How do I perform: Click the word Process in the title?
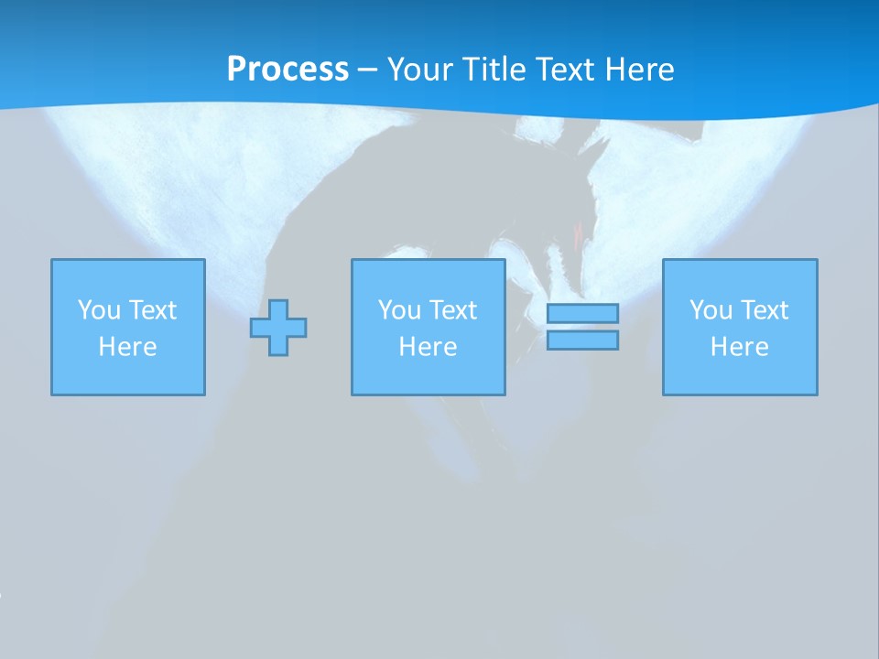point(288,70)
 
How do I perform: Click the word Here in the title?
point(642,70)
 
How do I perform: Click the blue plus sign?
point(278,327)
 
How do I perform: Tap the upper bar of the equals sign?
point(582,314)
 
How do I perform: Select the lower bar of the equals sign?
point(582,340)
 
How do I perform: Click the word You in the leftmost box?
point(99,310)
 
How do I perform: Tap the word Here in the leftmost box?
point(128,347)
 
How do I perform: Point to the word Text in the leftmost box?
point(152,310)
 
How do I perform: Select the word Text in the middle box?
point(452,310)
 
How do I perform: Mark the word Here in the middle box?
point(429,347)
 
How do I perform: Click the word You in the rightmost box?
point(711,310)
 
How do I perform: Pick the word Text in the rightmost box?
point(764,310)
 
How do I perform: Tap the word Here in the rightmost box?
point(740,347)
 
